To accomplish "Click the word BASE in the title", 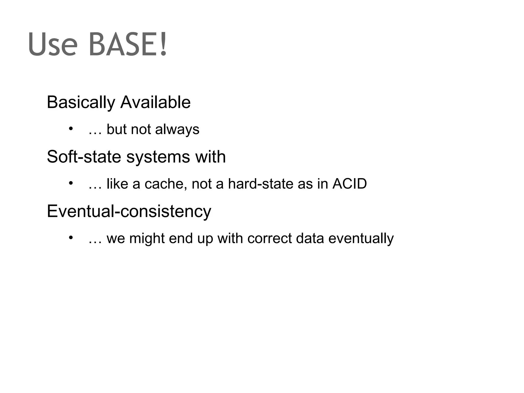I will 123,44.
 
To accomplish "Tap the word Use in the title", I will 52,44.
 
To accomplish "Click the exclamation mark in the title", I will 163,44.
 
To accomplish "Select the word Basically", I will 81,102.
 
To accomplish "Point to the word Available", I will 155,102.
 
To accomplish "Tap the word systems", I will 158,157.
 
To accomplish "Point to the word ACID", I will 350,184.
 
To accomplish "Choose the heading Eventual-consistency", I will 129,211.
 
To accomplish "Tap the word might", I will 147,239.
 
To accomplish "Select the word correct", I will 270,238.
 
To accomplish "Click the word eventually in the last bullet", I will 361,239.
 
